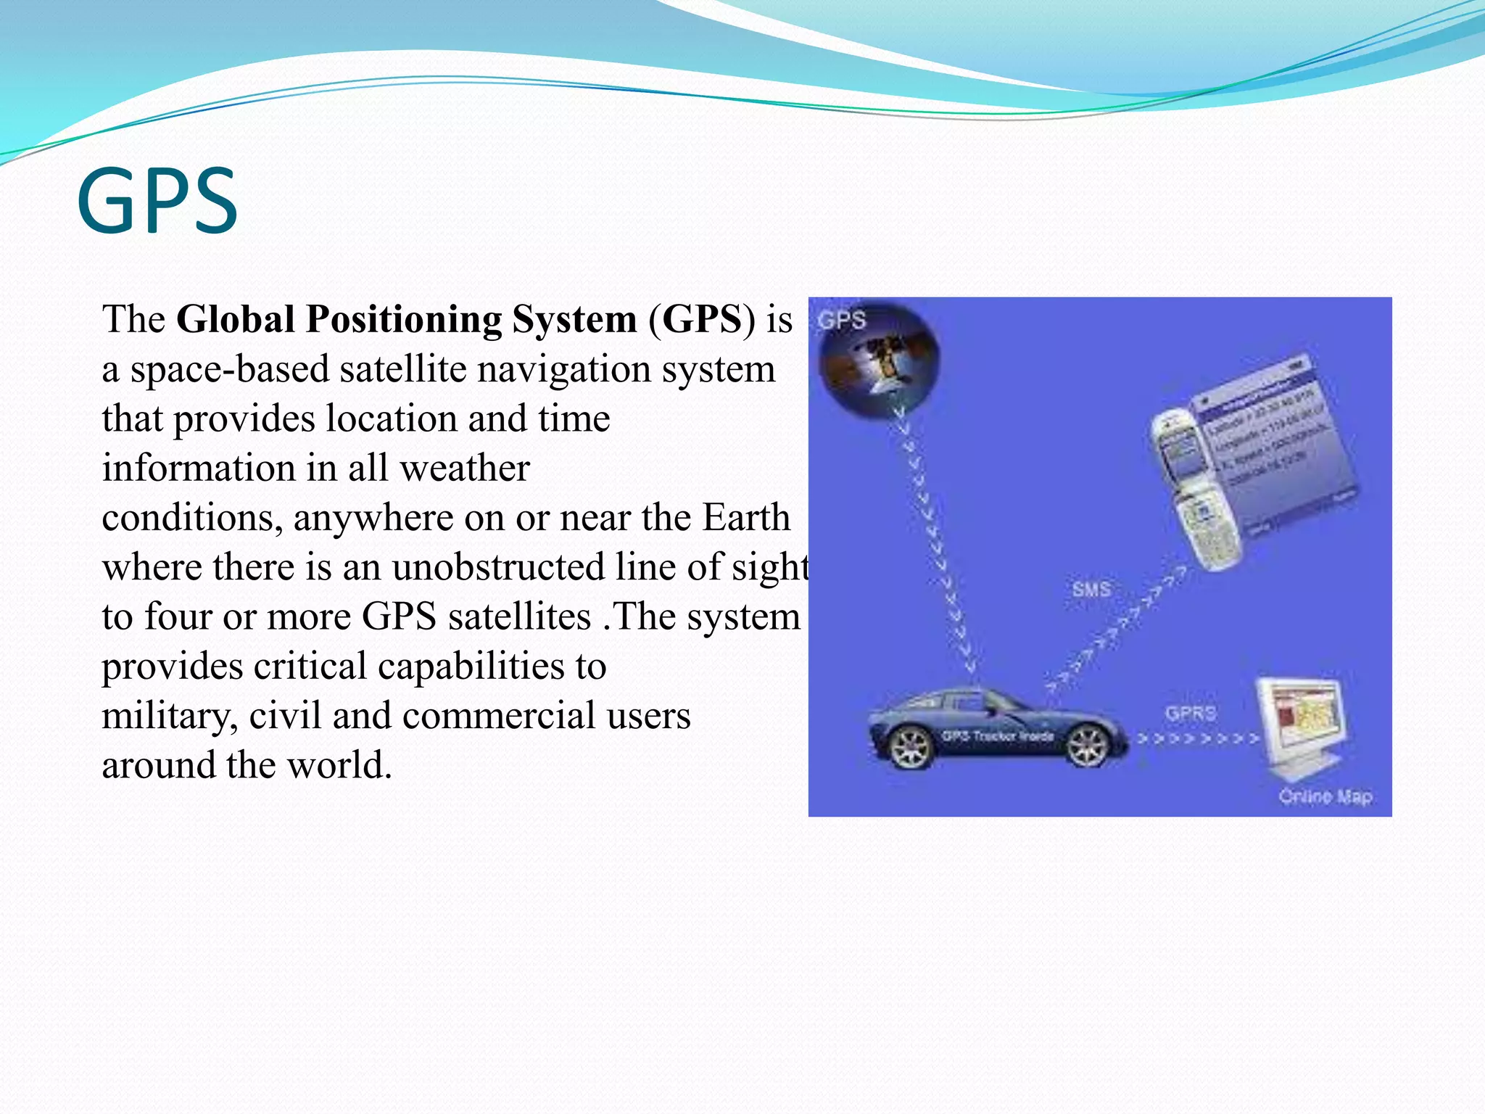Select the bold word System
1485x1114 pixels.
click(x=574, y=319)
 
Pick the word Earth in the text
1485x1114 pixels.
click(x=746, y=518)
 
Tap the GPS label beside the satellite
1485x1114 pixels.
click(x=842, y=320)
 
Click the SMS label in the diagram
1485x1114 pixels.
click(x=1091, y=589)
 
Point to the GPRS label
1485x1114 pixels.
click(x=1191, y=714)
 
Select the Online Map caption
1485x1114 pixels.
click(x=1325, y=796)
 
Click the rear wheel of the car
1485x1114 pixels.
click(x=910, y=747)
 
